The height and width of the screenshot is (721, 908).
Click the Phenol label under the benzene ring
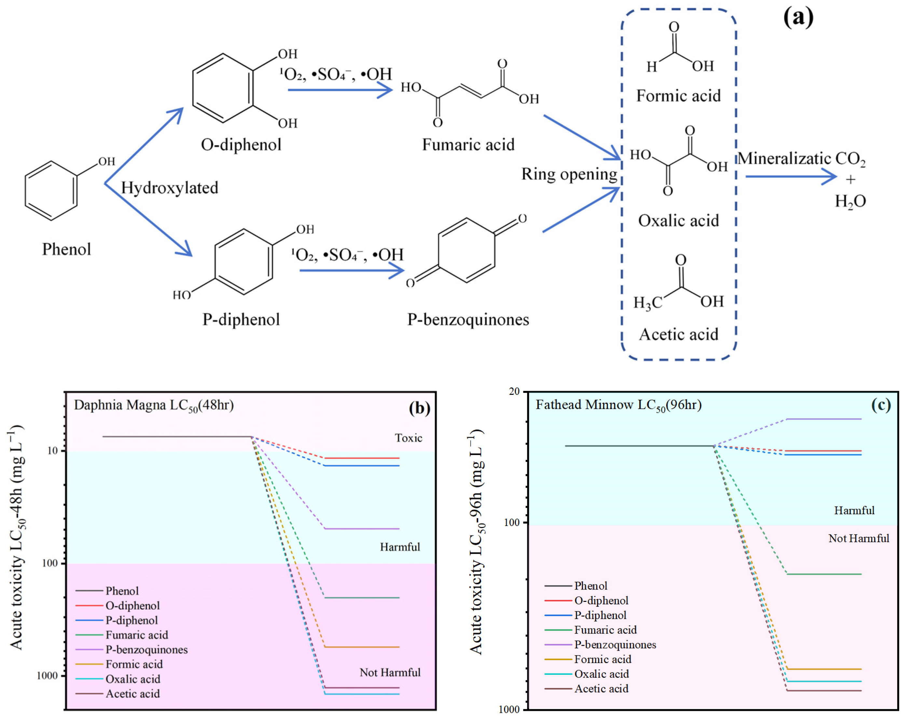(x=66, y=249)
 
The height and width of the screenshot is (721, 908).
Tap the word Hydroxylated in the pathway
(x=170, y=188)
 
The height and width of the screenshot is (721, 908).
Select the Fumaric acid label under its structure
(x=468, y=145)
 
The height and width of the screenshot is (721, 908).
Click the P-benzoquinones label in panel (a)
(x=468, y=320)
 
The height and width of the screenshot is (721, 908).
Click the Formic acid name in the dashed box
(x=679, y=96)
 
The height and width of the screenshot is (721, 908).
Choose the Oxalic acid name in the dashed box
(x=679, y=221)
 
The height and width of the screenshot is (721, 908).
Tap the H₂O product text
(x=850, y=201)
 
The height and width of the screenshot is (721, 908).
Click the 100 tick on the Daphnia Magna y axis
(x=50, y=563)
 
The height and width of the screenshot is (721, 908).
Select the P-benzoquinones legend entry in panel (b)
(x=146, y=649)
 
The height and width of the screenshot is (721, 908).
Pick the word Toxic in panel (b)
(x=408, y=438)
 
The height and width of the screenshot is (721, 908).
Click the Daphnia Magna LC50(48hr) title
(x=154, y=405)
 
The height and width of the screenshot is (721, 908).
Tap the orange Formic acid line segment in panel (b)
(x=362, y=647)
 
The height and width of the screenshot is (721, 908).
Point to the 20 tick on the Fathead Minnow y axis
(x=514, y=392)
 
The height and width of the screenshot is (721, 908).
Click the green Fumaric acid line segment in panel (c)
(x=824, y=574)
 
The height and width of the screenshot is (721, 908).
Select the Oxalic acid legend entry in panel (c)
(x=601, y=674)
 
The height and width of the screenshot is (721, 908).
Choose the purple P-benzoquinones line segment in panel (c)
(x=824, y=419)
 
